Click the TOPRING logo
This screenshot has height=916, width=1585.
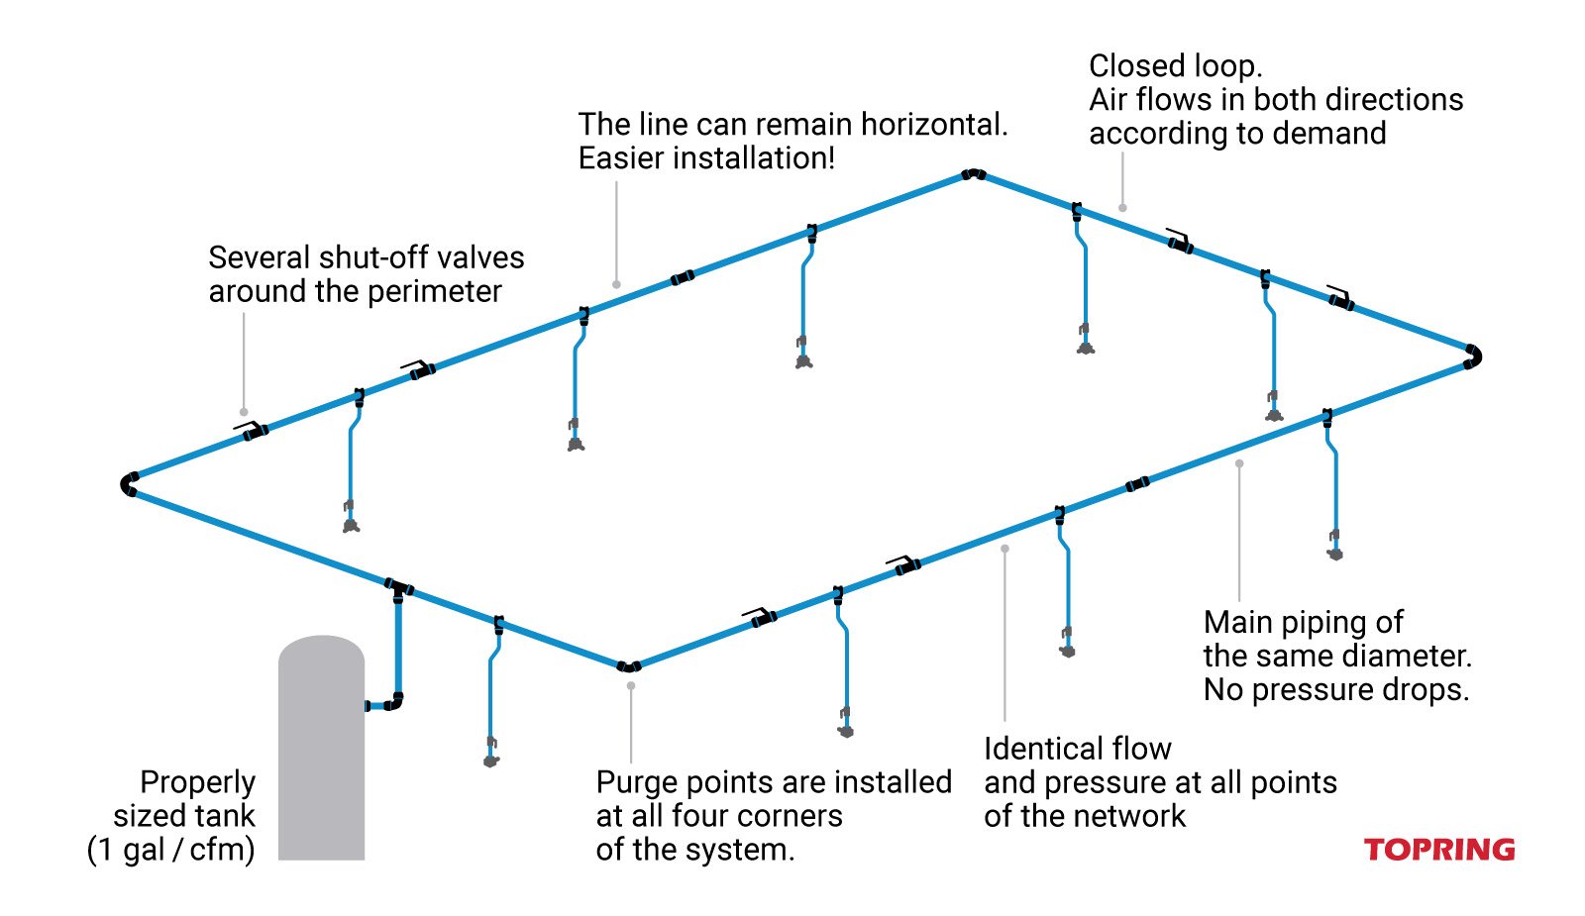(1438, 850)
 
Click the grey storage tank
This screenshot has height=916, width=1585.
(321, 753)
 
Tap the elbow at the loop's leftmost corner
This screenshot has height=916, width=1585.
(129, 484)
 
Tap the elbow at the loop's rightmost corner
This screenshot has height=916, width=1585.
(1473, 356)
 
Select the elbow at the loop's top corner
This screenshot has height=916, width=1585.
(973, 174)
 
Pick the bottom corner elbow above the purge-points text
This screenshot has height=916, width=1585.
(628, 666)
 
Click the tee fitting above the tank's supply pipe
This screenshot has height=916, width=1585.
(398, 589)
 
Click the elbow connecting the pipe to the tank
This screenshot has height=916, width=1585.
(394, 703)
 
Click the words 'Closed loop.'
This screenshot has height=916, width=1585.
(1175, 66)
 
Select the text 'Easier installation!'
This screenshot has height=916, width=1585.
(706, 158)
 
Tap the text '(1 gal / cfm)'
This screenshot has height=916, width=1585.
(170, 850)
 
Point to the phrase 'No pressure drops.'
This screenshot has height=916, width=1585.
(1335, 689)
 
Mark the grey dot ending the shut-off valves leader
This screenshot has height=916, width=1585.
(244, 412)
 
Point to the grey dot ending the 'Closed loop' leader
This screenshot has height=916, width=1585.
(1122, 208)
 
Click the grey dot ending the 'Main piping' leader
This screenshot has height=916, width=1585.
(1239, 463)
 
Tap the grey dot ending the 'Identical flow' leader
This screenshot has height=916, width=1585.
(1004, 548)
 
